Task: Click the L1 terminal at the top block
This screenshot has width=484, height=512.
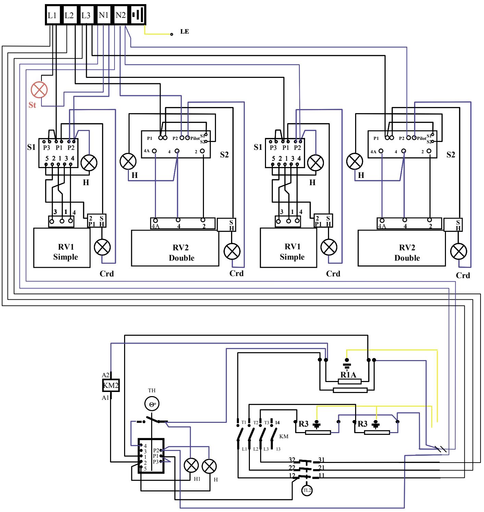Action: click(52, 15)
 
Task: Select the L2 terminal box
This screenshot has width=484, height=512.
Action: click(69, 15)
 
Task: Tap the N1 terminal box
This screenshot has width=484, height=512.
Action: click(104, 15)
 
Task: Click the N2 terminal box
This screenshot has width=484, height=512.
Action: click(121, 15)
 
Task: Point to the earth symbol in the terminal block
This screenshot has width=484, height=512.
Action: click(138, 15)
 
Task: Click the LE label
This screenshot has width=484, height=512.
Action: click(184, 32)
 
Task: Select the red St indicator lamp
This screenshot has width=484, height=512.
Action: click(39, 90)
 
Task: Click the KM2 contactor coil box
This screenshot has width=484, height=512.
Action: click(111, 386)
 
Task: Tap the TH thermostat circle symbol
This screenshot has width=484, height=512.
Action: click(152, 404)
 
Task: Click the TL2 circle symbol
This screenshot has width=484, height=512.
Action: click(307, 490)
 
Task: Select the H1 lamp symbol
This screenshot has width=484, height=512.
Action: click(191, 465)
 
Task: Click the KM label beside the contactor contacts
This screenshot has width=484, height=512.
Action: click(284, 437)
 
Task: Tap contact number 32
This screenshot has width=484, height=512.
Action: click(292, 460)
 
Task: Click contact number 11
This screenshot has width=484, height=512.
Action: click(322, 476)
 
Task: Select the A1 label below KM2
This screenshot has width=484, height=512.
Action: click(105, 398)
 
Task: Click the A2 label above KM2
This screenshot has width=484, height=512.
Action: click(105, 376)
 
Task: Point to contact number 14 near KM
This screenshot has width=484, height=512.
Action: click(277, 422)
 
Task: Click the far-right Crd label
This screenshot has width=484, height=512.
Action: click(463, 275)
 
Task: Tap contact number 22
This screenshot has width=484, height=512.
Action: click(292, 468)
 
